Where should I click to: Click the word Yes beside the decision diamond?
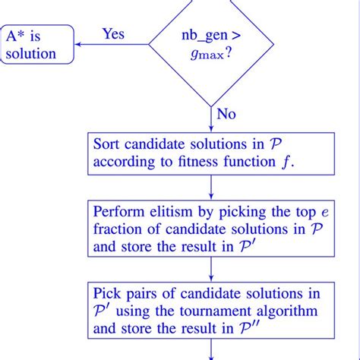(113, 34)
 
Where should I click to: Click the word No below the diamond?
(226, 114)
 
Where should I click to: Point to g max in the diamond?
(202, 55)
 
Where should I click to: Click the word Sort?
(106, 144)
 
